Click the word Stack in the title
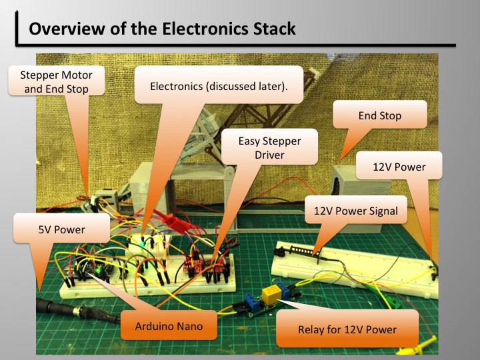[271, 29]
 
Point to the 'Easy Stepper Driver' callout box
[271, 148]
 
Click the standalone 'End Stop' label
[379, 116]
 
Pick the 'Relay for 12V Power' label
[347, 329]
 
